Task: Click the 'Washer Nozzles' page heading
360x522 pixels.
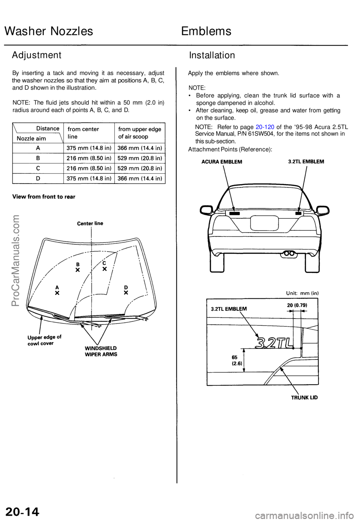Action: pyautogui.click(x=49, y=31)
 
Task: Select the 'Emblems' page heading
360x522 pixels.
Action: pyautogui.click(x=206, y=31)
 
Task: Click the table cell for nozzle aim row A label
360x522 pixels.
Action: pyautogui.click(x=37, y=148)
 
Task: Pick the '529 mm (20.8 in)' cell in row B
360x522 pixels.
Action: pyautogui.click(x=139, y=158)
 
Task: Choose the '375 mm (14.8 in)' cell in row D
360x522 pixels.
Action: pyautogui.click(x=88, y=179)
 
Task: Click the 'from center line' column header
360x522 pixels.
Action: pyautogui.click(x=84, y=133)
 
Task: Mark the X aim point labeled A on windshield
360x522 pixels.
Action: pyautogui.click(x=57, y=293)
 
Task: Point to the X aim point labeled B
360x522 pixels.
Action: pyautogui.click(x=78, y=270)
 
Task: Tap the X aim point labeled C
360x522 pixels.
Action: pyautogui.click(x=105, y=269)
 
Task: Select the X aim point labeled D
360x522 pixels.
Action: pyautogui.click(x=126, y=292)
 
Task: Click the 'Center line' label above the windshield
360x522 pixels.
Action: pyautogui.click(x=90, y=223)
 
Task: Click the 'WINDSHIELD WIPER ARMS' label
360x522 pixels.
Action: pyautogui.click(x=101, y=351)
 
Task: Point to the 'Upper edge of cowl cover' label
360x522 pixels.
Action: pyautogui.click(x=44, y=340)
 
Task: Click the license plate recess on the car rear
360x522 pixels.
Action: pyautogui.click(x=265, y=224)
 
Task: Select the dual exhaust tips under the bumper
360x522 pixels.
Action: pyautogui.click(x=289, y=253)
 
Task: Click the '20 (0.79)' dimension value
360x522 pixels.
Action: pyautogui.click(x=297, y=305)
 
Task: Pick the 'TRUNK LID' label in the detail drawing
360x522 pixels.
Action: pyautogui.click(x=304, y=397)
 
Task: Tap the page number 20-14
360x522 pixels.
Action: pyautogui.click(x=22, y=511)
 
